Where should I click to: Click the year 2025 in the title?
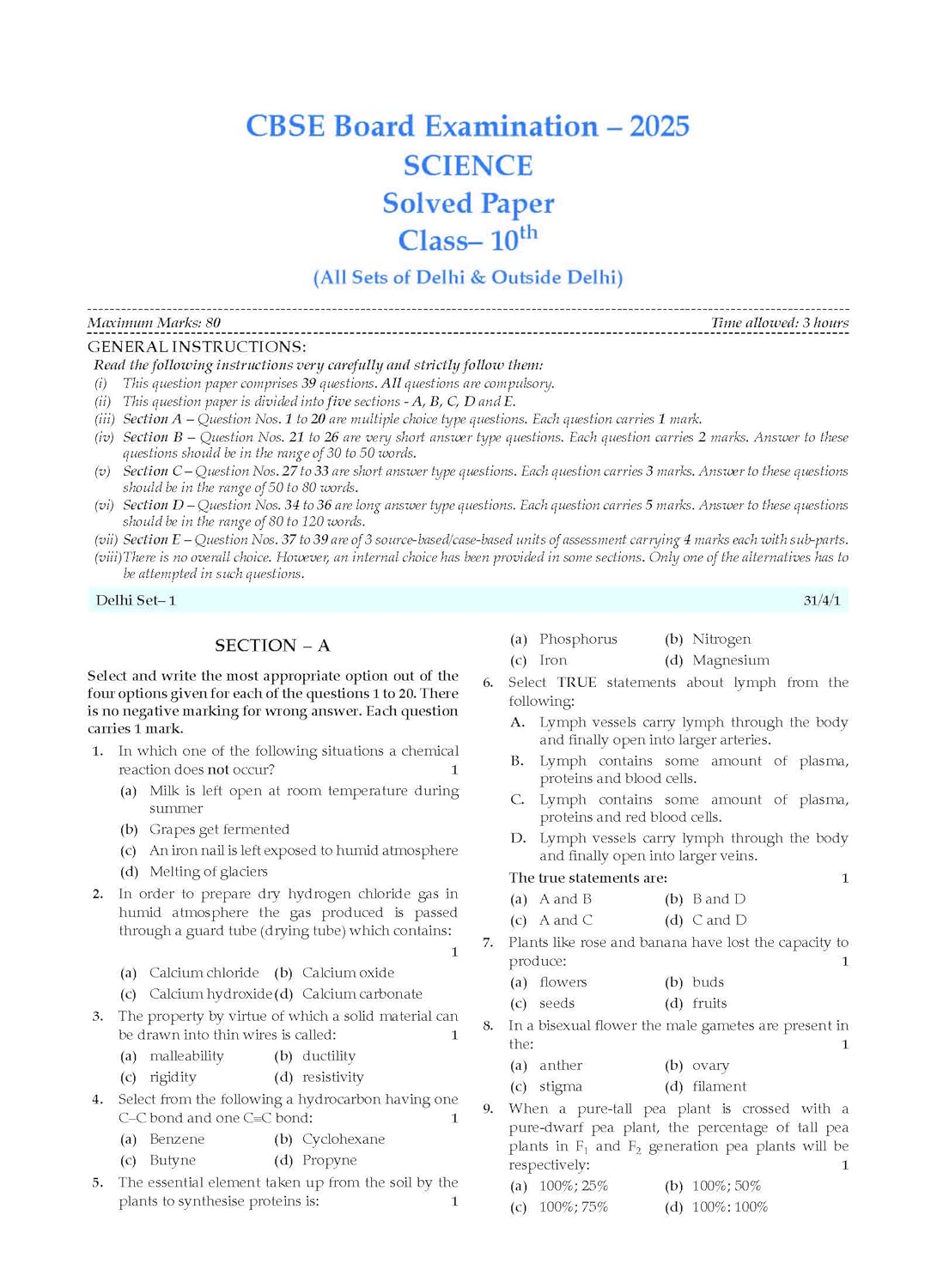[659, 126]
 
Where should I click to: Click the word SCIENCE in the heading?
[468, 166]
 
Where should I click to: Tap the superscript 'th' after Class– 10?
[528, 232]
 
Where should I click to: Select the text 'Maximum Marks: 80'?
[154, 323]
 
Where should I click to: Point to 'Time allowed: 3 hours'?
[779, 323]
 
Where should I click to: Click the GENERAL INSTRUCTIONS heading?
[197, 347]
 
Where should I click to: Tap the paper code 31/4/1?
[821, 600]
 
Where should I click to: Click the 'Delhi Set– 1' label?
[136, 600]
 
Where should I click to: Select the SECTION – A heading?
[272, 646]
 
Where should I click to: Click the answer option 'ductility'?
[328, 1056]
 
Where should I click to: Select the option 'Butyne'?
[173, 1160]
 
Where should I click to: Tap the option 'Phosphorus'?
[578, 639]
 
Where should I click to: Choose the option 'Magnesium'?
[731, 660]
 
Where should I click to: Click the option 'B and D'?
[719, 899]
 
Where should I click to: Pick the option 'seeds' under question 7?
[557, 1003]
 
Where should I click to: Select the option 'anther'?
[561, 1066]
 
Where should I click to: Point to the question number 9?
[488, 1109]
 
